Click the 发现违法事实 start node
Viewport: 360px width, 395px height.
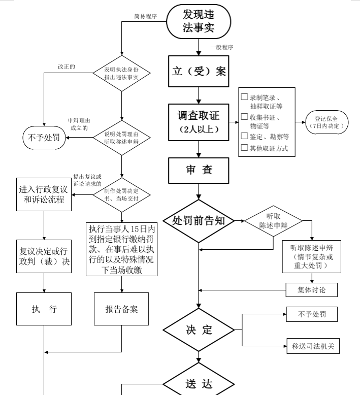(x=199, y=21)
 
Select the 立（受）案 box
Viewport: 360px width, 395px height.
(x=199, y=71)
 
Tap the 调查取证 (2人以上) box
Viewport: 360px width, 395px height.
(x=199, y=122)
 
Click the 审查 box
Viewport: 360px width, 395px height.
(x=199, y=170)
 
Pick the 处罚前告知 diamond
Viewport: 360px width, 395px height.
(x=199, y=221)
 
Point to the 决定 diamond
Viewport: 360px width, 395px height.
(x=199, y=330)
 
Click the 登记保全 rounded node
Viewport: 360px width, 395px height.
(x=327, y=122)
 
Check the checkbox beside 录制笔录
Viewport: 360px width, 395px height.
(x=244, y=97)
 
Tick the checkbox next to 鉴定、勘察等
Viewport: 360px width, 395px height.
(x=244, y=136)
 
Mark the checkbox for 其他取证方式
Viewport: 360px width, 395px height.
(x=244, y=147)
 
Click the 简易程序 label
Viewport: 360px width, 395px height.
(x=145, y=16)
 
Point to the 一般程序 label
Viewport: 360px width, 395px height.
(x=222, y=47)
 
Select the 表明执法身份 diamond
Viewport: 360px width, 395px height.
(x=122, y=73)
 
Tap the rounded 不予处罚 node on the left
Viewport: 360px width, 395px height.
(x=44, y=138)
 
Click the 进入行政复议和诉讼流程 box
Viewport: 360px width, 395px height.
(x=44, y=194)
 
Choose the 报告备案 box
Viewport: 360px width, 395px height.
(x=121, y=309)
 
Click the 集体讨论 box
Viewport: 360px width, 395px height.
(x=312, y=290)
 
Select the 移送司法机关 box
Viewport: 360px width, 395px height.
(x=313, y=346)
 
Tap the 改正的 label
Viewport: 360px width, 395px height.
(x=67, y=67)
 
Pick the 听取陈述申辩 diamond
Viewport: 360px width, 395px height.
(x=273, y=221)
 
